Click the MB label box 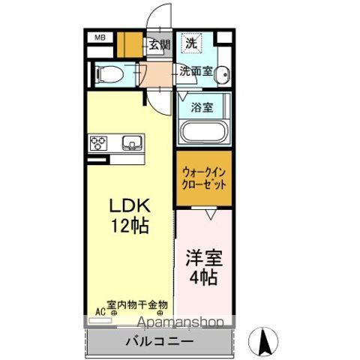click(x=100, y=36)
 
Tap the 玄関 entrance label click(x=158, y=44)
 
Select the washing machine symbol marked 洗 click(x=191, y=43)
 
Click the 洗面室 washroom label click(x=196, y=72)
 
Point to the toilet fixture click(x=109, y=73)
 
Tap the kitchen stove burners click(x=99, y=142)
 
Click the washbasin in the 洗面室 click(x=223, y=73)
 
